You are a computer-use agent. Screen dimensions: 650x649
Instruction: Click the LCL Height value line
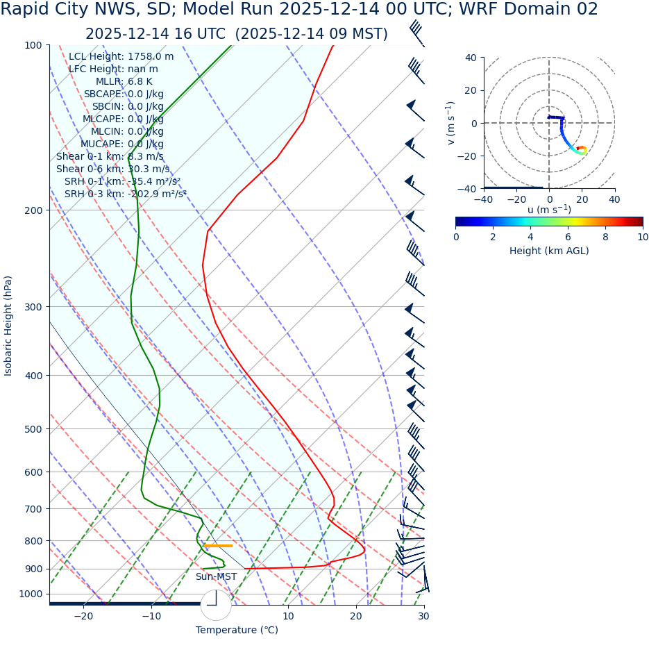121,56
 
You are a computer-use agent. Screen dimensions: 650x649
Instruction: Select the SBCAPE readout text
124,94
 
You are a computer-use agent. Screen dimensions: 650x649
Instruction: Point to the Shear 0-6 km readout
112,169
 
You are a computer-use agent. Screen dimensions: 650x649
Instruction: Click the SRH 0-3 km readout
125,194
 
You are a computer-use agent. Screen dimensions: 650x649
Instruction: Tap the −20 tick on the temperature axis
83,616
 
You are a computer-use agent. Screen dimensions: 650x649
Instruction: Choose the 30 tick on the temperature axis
423,616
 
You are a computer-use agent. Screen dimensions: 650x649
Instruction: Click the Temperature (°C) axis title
237,631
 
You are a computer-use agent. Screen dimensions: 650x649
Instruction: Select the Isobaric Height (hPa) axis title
8,326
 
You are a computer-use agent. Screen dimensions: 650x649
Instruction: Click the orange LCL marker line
219,546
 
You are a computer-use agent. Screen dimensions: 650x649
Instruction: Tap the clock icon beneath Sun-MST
216,605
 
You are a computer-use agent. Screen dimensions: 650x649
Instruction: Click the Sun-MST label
216,577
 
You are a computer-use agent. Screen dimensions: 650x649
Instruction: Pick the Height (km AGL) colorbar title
549,251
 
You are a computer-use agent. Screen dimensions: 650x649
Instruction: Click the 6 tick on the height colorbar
568,237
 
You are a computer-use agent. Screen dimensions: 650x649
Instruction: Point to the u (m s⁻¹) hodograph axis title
549,210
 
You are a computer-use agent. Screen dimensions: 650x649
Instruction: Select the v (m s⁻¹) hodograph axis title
451,123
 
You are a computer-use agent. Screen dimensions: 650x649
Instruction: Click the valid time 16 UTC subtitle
236,34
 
